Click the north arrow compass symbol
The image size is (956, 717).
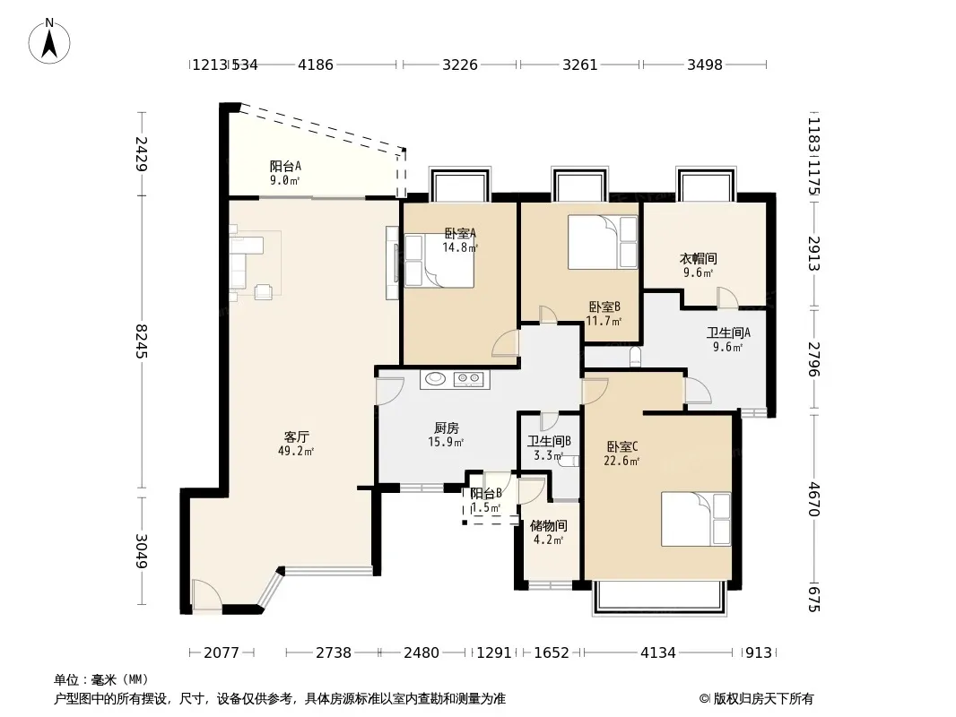[49, 41]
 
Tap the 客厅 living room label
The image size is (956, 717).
[296, 436]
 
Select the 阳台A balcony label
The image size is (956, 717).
[285, 166]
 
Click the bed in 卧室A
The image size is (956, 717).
[439, 262]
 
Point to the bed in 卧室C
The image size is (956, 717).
[696, 519]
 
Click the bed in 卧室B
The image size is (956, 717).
[603, 242]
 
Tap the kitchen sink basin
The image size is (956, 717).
[435, 379]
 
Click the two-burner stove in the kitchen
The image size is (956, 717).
[468, 379]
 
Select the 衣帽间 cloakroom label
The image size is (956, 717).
[698, 258]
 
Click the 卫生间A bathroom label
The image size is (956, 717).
[728, 333]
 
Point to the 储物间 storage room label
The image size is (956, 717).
[549, 525]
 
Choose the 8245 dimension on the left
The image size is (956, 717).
[142, 341]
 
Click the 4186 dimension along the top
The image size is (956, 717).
[315, 64]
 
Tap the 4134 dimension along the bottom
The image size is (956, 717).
[658, 652]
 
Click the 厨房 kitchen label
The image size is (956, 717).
[447, 428]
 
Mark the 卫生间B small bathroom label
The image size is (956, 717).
[549, 441]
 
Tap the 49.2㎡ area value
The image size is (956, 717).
[296, 452]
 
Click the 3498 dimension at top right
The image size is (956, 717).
[705, 64]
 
